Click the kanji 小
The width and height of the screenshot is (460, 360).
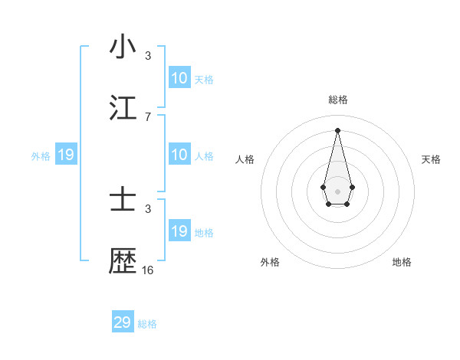(x=123, y=47)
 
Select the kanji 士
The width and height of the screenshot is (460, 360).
(x=123, y=201)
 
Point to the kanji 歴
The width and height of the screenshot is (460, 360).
(x=123, y=261)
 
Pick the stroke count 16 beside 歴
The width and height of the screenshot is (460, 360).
(x=148, y=270)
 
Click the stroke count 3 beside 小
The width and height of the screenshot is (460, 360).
(x=148, y=55)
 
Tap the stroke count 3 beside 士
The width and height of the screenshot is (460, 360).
(x=148, y=208)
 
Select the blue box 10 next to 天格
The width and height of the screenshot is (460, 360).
(x=179, y=78)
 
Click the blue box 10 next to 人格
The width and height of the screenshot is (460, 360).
(x=179, y=155)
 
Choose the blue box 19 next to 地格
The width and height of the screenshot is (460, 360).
(x=179, y=231)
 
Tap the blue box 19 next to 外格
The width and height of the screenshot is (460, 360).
(x=66, y=155)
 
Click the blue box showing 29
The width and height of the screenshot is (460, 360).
(x=123, y=322)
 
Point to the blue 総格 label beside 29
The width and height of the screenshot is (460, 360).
(x=147, y=324)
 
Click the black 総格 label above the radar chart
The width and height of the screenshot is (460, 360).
(x=337, y=100)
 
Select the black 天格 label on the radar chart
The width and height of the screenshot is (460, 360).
(x=431, y=159)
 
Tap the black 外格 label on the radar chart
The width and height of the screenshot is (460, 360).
(x=270, y=262)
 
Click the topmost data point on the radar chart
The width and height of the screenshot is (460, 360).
(x=337, y=129)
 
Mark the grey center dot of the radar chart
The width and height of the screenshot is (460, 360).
(x=337, y=190)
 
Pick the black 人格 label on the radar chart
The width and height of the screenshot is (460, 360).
(x=245, y=159)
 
